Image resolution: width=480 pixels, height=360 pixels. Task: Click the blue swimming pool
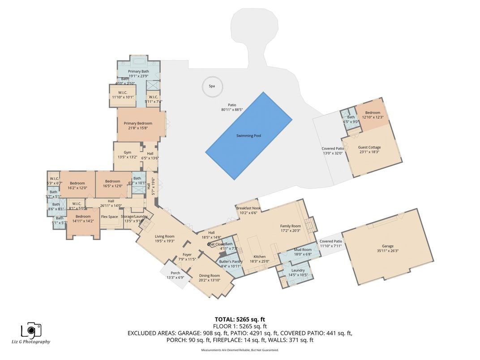point(249,136)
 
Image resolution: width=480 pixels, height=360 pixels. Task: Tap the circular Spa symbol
point(212,86)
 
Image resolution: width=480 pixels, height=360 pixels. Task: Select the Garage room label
point(387,246)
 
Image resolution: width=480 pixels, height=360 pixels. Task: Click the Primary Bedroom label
point(138,124)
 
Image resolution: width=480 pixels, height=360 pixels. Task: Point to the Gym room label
point(127,153)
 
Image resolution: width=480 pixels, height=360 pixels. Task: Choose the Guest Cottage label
point(369,147)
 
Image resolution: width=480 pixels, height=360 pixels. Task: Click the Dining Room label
point(209,276)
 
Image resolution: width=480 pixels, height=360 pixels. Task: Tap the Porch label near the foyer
point(176,273)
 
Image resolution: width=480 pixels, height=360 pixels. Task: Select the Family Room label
point(290,226)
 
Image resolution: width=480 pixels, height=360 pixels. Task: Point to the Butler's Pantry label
point(231,261)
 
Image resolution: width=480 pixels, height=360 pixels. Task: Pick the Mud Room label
point(302,250)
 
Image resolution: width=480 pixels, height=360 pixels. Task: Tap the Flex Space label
point(109,217)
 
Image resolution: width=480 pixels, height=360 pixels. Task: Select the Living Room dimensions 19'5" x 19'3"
point(165,241)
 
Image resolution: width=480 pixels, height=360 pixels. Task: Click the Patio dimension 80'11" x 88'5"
point(231,109)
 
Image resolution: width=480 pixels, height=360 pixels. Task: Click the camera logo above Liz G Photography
point(31,330)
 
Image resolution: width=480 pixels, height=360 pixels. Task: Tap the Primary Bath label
point(138,72)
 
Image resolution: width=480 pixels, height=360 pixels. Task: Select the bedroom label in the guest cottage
point(373,113)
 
